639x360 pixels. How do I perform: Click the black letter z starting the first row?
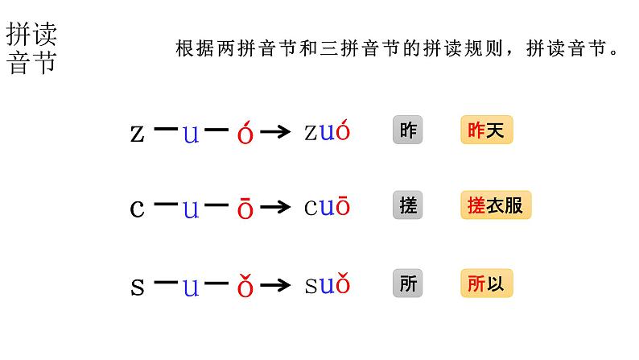137,133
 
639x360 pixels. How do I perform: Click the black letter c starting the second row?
137,209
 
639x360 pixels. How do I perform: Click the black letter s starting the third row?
137,286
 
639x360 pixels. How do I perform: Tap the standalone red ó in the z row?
245,133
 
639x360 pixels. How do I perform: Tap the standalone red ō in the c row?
245,209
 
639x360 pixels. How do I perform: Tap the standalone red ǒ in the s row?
245,286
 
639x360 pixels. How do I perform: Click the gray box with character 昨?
408,130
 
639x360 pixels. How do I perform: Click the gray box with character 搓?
408,206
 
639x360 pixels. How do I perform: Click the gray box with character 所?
408,283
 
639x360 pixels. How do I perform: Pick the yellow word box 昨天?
486,130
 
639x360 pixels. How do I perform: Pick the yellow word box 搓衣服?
496,206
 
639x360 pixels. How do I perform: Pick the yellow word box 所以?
486,283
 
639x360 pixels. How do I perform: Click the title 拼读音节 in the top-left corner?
32,48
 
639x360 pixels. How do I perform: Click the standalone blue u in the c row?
191,209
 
